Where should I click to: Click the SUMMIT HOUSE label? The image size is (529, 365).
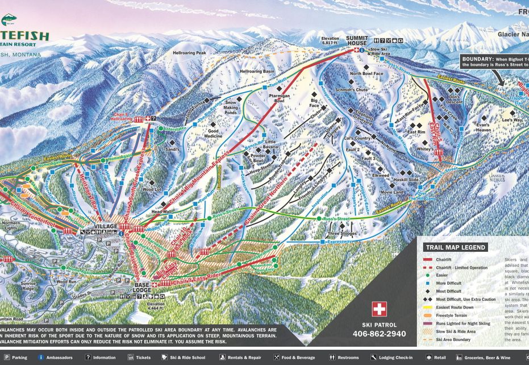tap(357, 40)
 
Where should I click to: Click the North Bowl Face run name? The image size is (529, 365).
tap(366, 74)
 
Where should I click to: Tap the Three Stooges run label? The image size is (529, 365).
tap(342, 234)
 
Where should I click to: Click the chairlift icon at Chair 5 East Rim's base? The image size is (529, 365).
tap(439, 152)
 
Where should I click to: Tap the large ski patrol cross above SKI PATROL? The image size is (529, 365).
tap(379, 309)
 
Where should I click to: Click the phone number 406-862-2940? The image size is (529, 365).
tap(379, 334)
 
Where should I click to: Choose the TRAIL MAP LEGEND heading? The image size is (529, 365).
tap(455, 247)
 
